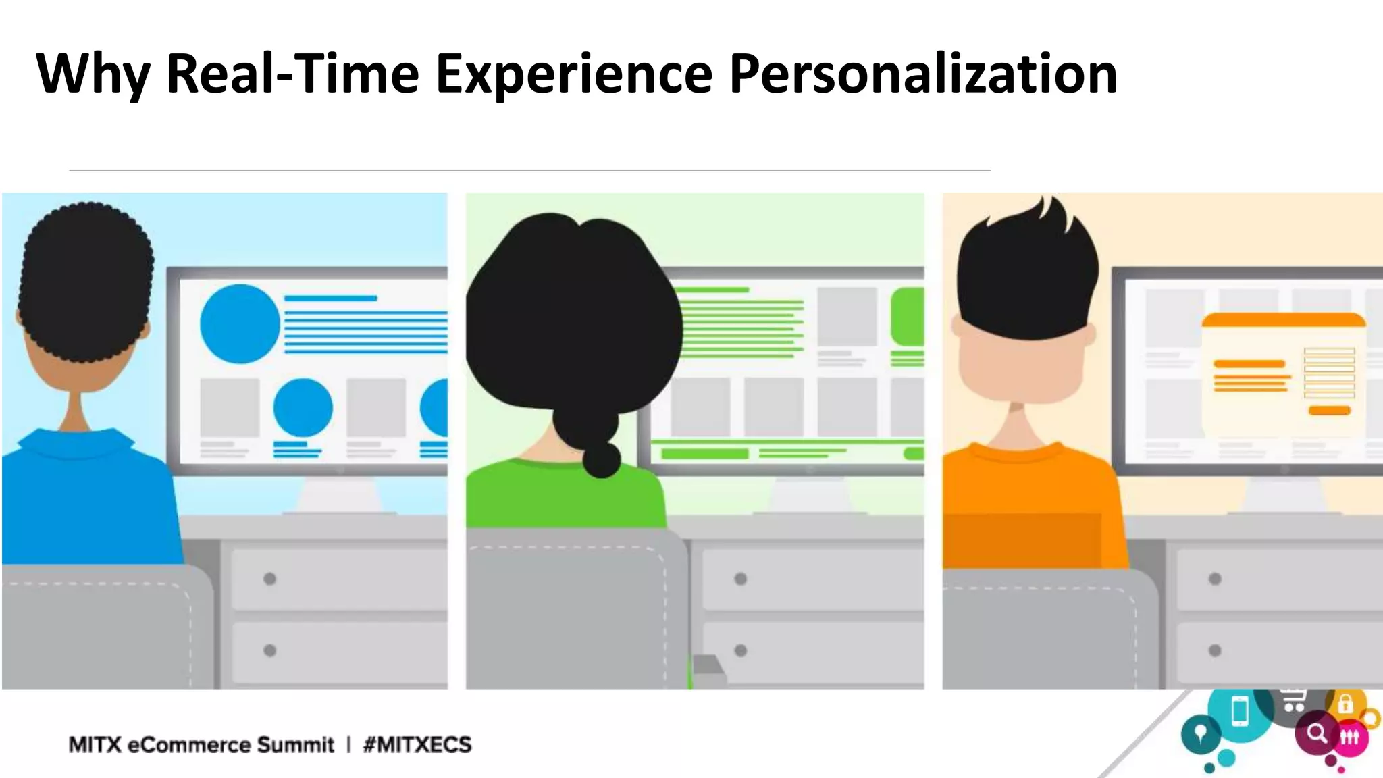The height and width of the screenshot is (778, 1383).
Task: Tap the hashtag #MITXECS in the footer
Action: (x=417, y=744)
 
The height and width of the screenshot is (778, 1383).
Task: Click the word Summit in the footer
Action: (x=296, y=744)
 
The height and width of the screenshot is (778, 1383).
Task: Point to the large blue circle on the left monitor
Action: (x=240, y=323)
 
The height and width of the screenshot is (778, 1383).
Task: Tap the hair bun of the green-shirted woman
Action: (x=600, y=460)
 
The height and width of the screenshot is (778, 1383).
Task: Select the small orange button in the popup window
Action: (x=1329, y=411)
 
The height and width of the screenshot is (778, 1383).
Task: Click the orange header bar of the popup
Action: (x=1283, y=320)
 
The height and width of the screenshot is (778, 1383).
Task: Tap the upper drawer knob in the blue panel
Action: (x=270, y=579)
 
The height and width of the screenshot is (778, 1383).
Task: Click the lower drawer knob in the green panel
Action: (x=741, y=650)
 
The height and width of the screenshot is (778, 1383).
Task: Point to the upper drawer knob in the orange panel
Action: (x=1215, y=579)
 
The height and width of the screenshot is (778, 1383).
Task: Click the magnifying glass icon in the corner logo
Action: (x=1316, y=733)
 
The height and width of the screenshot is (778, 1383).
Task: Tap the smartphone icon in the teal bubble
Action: (x=1240, y=712)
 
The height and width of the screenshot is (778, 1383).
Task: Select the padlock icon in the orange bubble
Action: (x=1345, y=704)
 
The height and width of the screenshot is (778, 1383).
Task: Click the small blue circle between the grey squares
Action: (x=303, y=407)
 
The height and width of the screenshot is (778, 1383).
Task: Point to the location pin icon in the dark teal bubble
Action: (x=1201, y=734)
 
